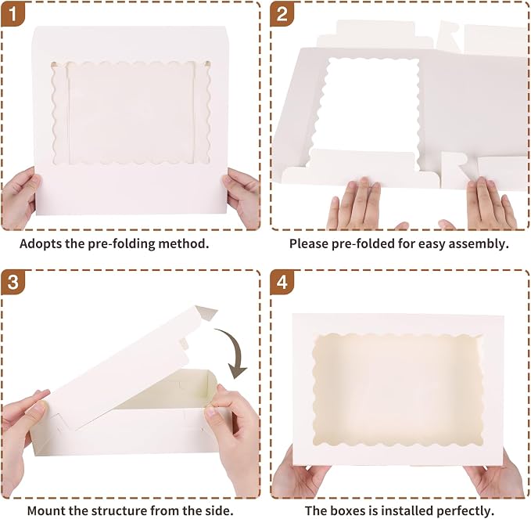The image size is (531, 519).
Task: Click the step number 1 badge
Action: point(13,14)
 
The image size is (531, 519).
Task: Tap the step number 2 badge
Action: point(282,14)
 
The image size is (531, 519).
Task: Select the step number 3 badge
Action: point(13,282)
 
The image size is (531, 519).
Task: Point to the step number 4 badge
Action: point(282,282)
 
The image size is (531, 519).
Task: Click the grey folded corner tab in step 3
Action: point(206,312)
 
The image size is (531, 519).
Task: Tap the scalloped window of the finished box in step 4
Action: point(397,390)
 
